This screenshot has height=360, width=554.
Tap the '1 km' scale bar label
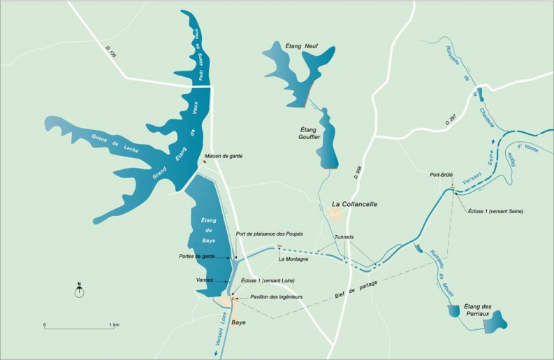point(115,326)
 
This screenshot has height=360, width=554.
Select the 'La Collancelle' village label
point(354,204)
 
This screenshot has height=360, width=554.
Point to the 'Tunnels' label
point(344,237)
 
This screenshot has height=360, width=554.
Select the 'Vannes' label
point(205,280)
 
